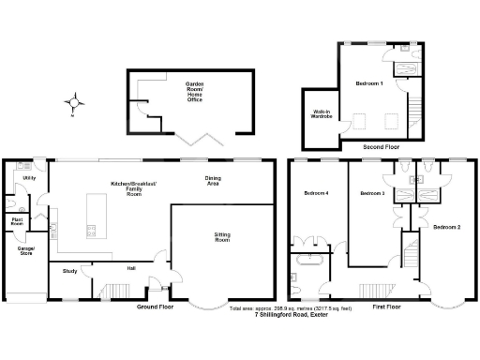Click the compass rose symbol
pyautogui.click(x=76, y=100)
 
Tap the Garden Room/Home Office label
pyautogui.click(x=194, y=91)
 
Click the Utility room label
pyautogui.click(x=29, y=177)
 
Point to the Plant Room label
pyautogui.click(x=17, y=223)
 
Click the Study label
pyautogui.click(x=68, y=271)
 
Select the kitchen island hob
pyautogui.click(x=92, y=229)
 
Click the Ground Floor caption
pyautogui.click(x=156, y=307)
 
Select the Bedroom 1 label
pyautogui.click(x=368, y=84)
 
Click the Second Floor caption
pyautogui.click(x=383, y=147)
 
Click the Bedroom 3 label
pyautogui.click(x=372, y=193)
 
